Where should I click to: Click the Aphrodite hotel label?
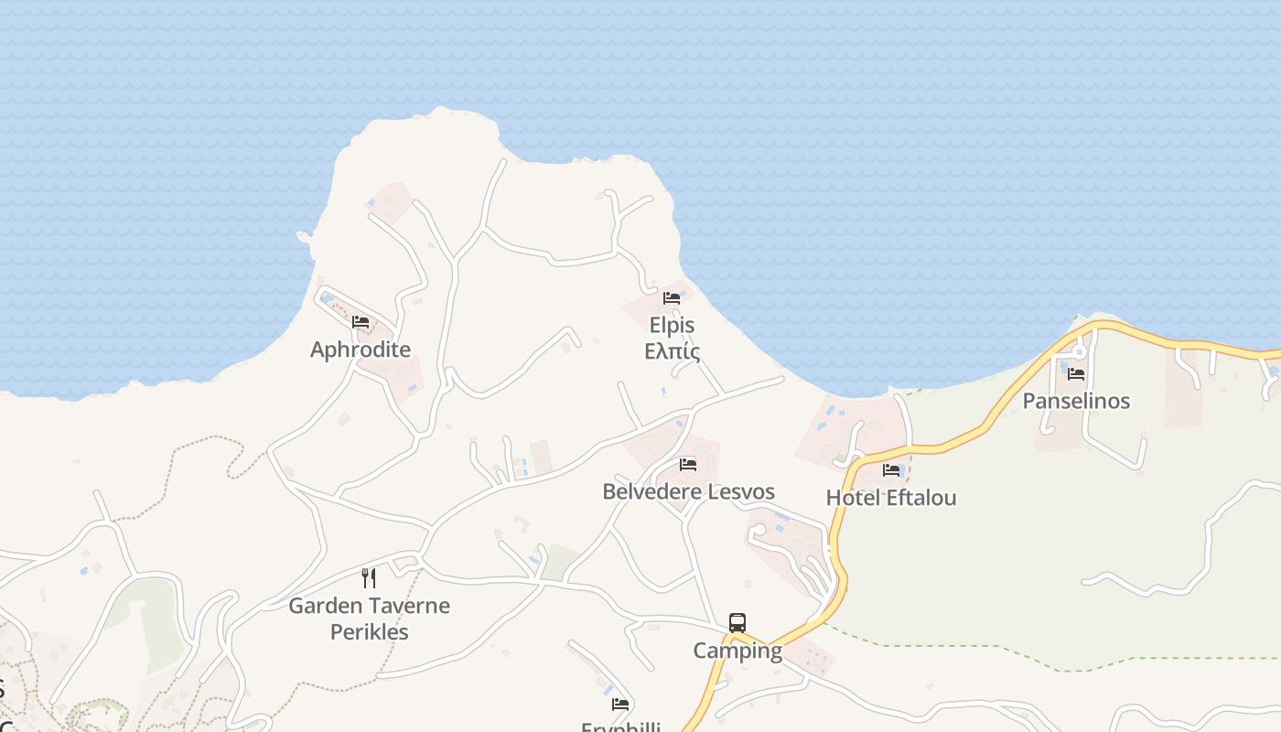pyautogui.click(x=361, y=350)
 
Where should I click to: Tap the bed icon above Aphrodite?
pyautogui.click(x=361, y=322)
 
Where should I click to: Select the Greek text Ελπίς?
pyautogui.click(x=673, y=351)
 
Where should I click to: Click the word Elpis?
pyautogui.click(x=673, y=326)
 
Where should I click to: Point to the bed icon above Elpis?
pyautogui.click(x=672, y=298)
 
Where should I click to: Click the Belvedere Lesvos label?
pyautogui.click(x=688, y=491)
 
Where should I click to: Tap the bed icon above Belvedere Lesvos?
pyautogui.click(x=688, y=465)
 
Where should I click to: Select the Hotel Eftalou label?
pyautogui.click(x=891, y=498)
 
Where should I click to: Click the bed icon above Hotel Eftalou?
pyautogui.click(x=891, y=470)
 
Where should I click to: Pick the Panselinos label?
pyautogui.click(x=1076, y=401)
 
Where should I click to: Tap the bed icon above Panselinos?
pyautogui.click(x=1076, y=373)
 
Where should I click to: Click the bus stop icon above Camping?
pyautogui.click(x=737, y=623)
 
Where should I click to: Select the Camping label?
pyautogui.click(x=737, y=651)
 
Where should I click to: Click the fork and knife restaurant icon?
pyautogui.click(x=369, y=578)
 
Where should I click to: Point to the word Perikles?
pyautogui.click(x=369, y=631)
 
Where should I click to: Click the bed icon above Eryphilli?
pyautogui.click(x=620, y=705)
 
